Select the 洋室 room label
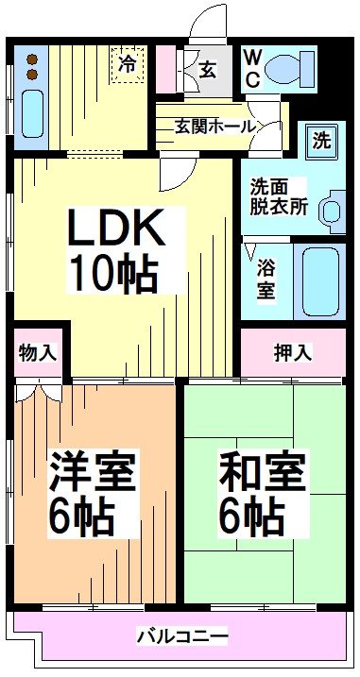click(x=92, y=471)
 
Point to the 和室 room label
click(x=263, y=471)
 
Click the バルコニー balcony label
click(x=181, y=634)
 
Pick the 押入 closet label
click(x=291, y=352)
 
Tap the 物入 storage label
click(x=38, y=353)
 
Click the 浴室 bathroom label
click(x=267, y=280)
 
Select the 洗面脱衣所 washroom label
click(x=278, y=196)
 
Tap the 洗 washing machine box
click(x=322, y=143)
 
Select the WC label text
click(x=252, y=67)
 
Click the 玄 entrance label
click(x=209, y=70)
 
